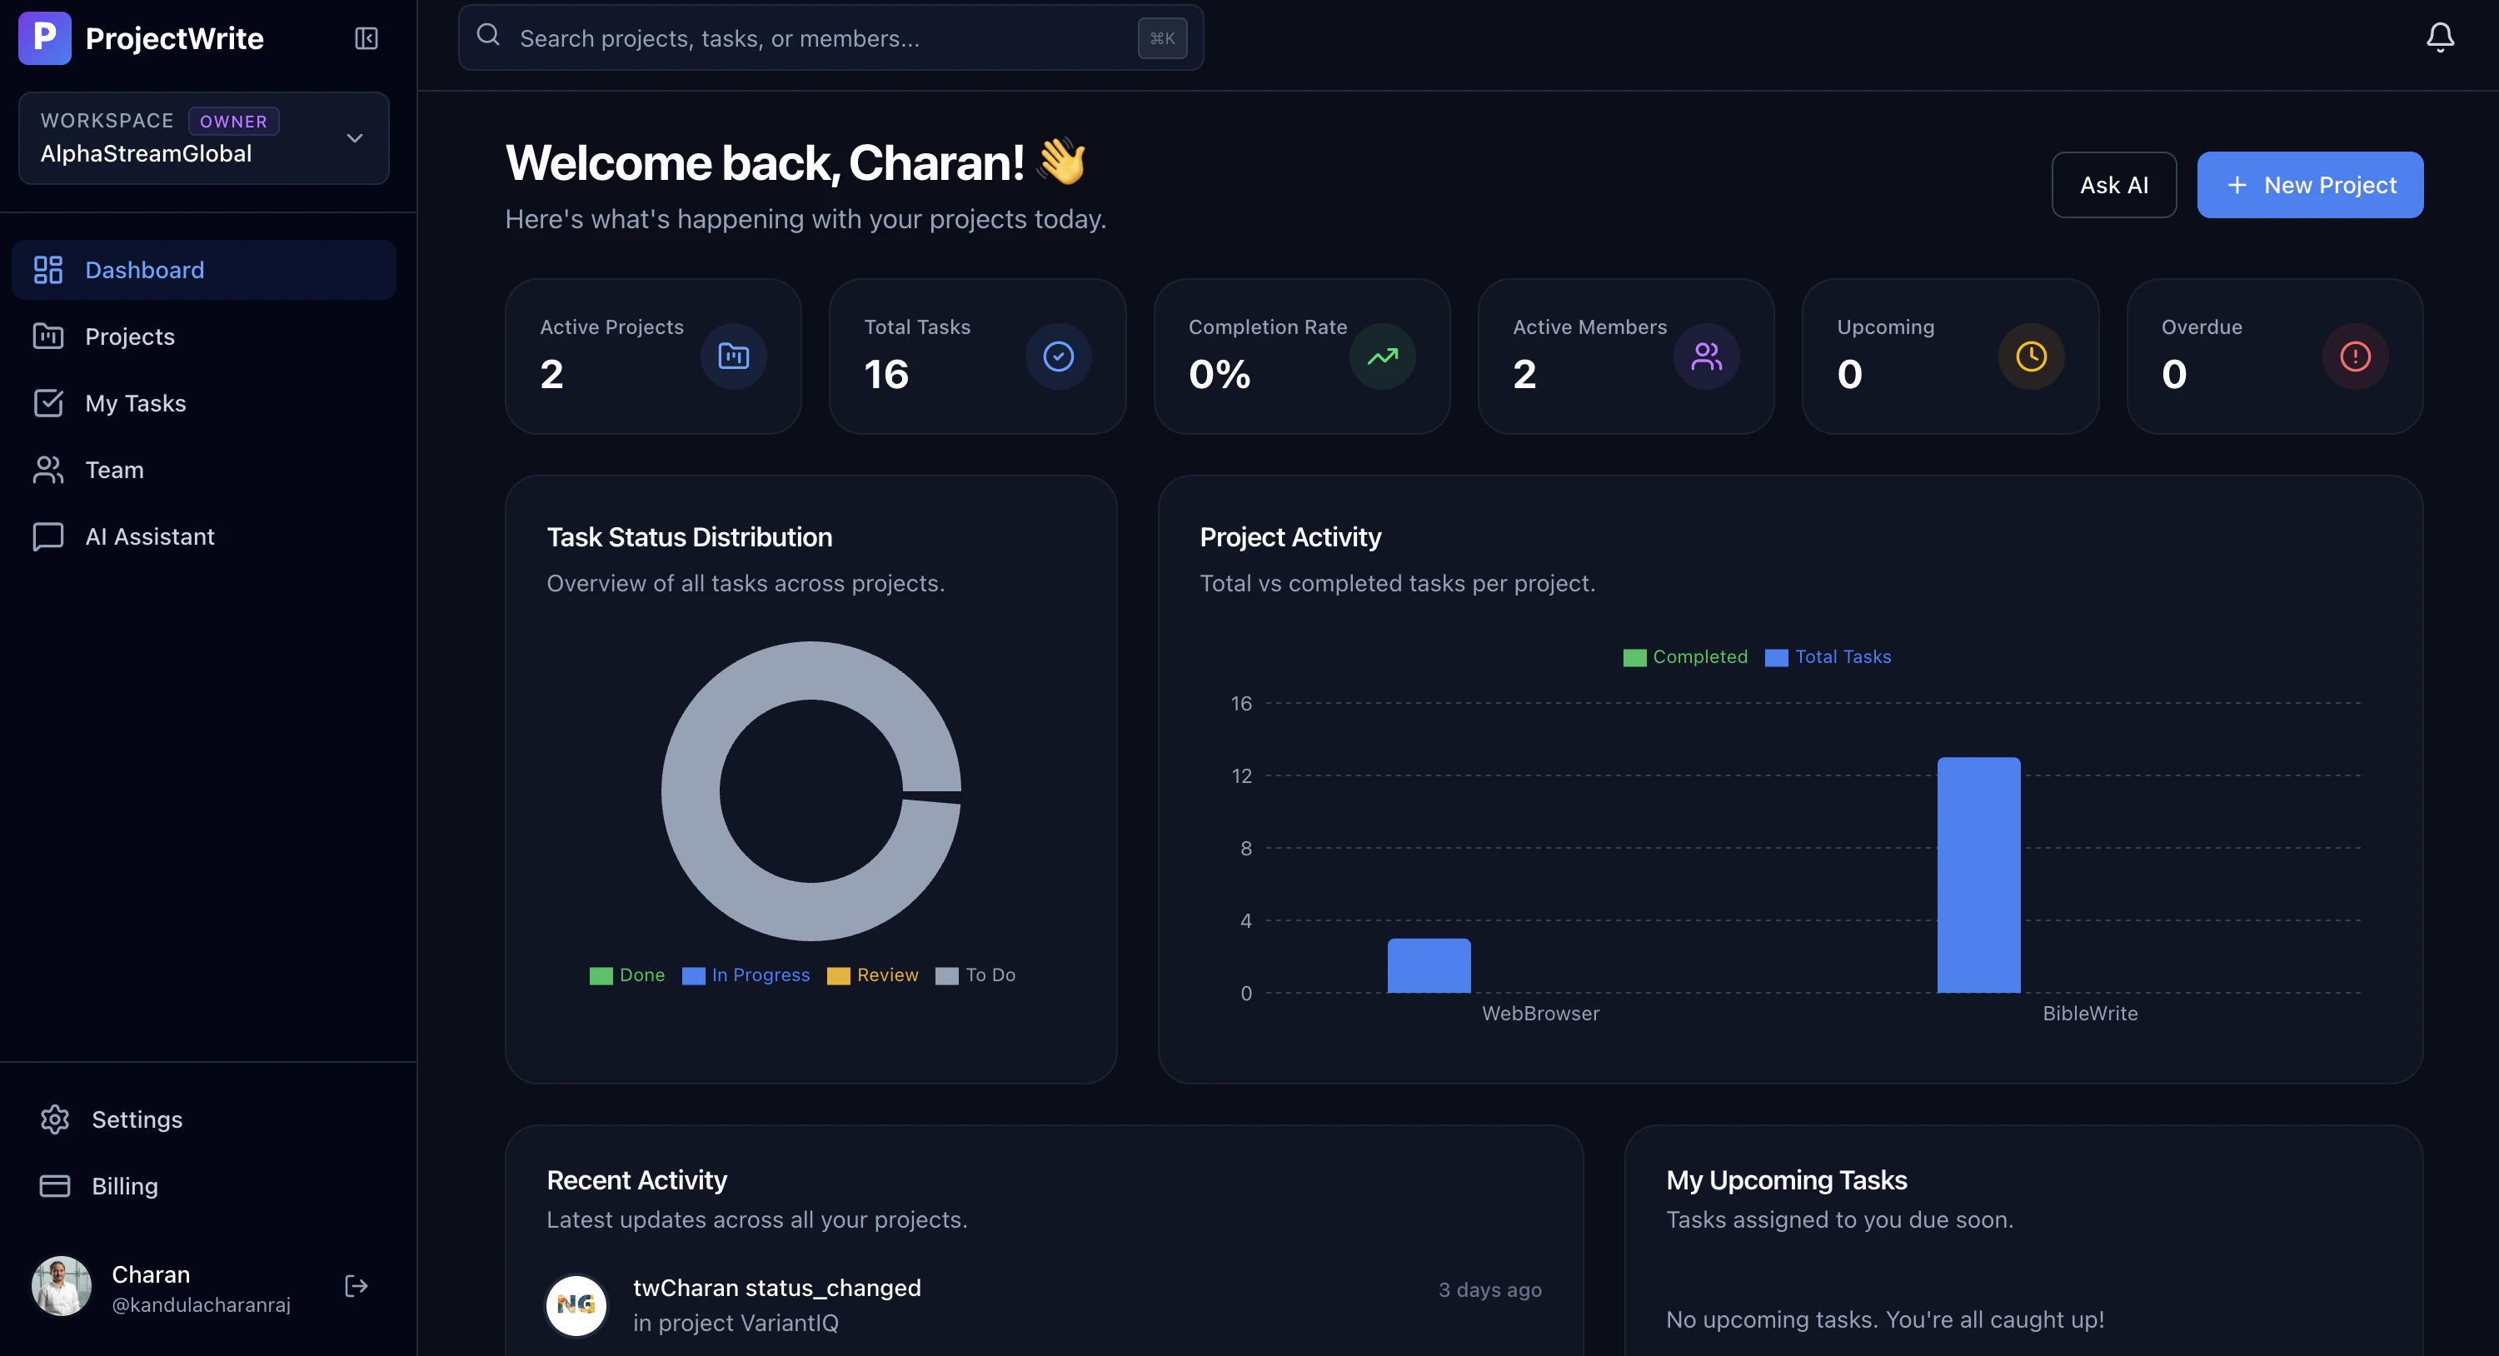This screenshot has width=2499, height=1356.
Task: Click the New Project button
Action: click(x=2309, y=184)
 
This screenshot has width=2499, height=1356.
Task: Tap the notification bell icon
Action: click(x=2440, y=37)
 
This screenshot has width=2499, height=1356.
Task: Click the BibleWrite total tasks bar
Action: click(x=1978, y=875)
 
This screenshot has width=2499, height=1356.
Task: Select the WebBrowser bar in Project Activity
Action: click(x=1429, y=966)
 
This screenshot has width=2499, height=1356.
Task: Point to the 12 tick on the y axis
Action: click(x=1242, y=776)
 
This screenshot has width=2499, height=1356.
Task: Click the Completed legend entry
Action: click(x=1685, y=656)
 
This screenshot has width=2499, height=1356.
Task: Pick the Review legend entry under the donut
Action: click(x=872, y=975)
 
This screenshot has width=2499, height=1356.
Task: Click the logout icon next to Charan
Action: click(x=356, y=1285)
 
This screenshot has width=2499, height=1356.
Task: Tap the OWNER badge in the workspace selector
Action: click(x=233, y=122)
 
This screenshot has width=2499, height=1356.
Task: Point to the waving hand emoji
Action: click(x=1061, y=161)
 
